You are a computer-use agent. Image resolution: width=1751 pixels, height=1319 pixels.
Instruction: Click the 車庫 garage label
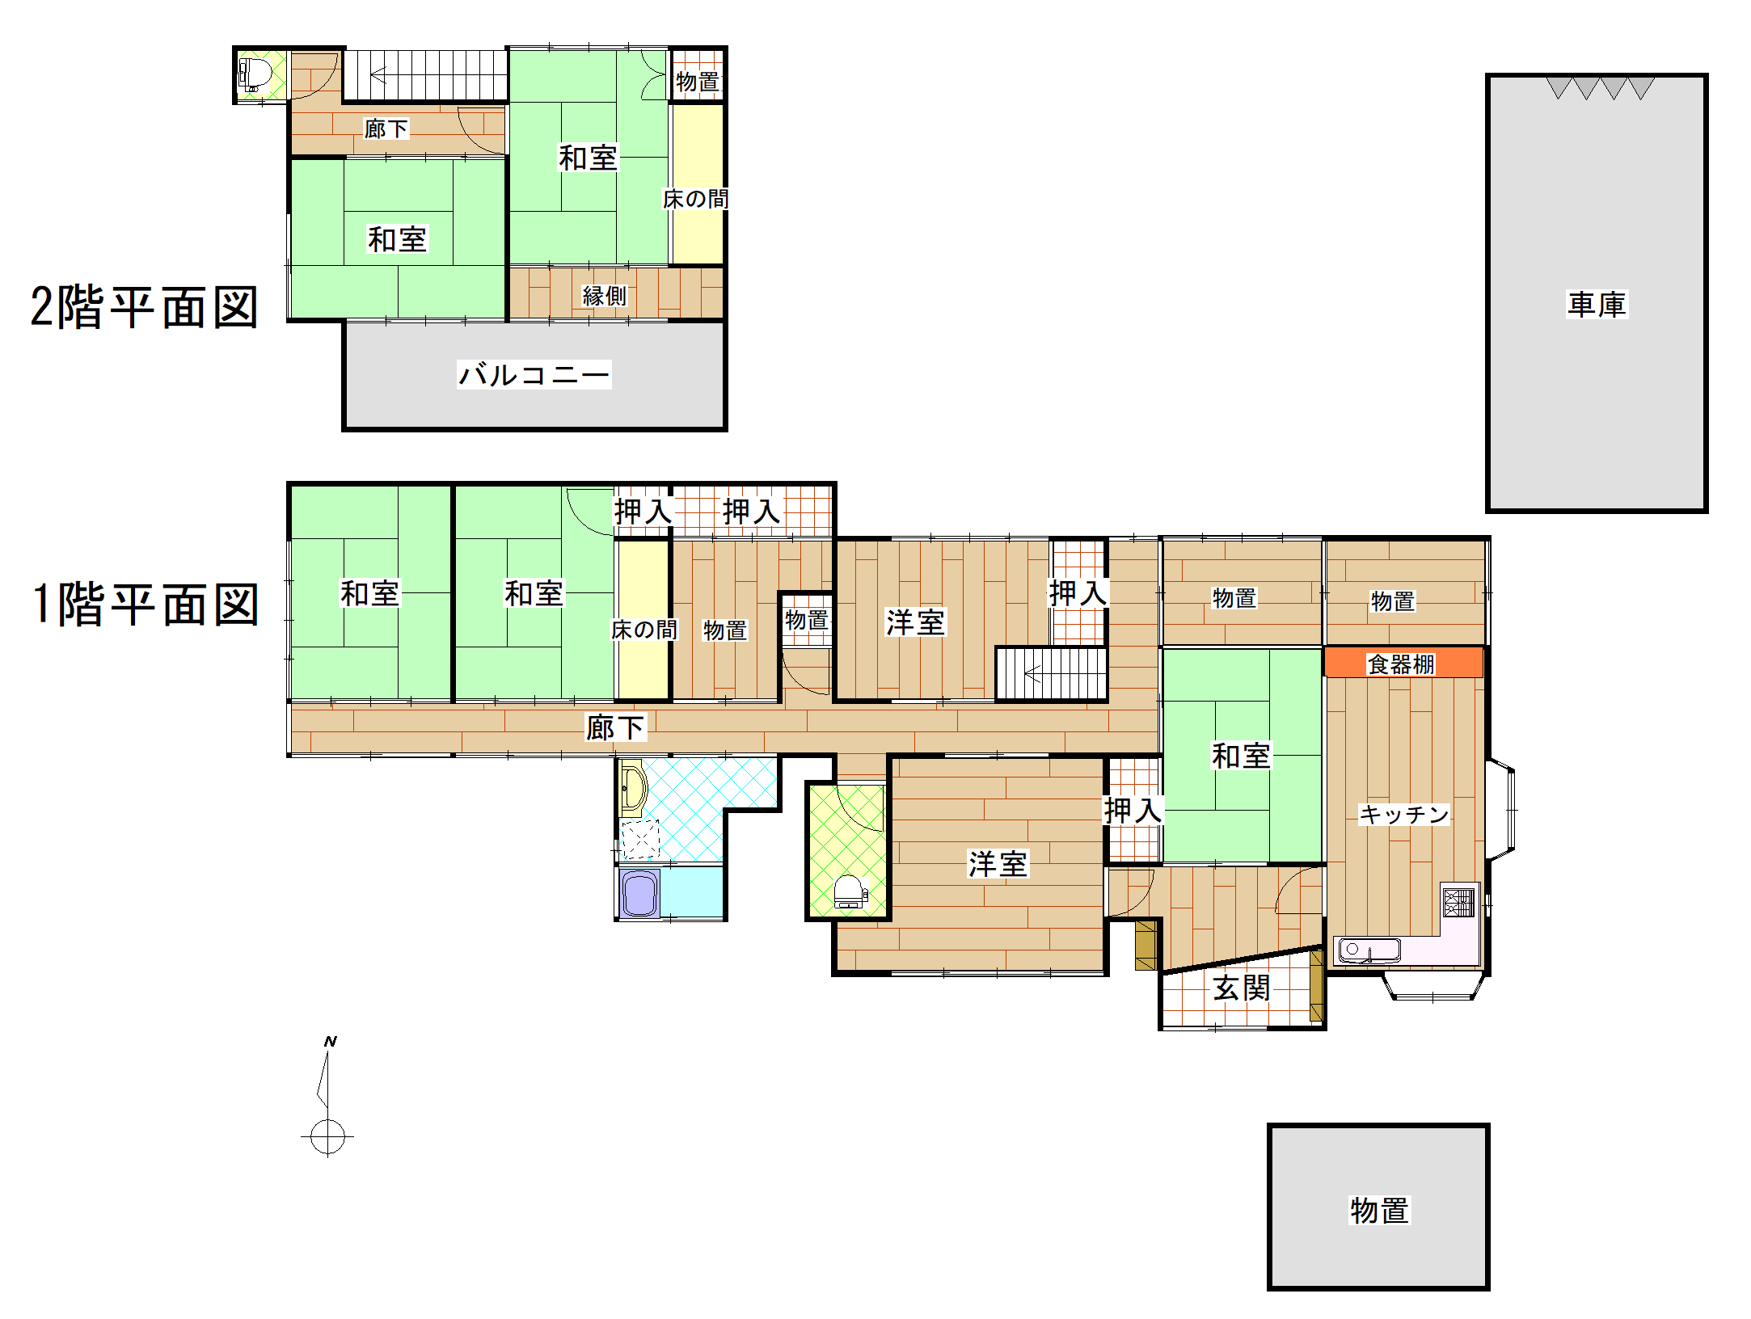point(1597,305)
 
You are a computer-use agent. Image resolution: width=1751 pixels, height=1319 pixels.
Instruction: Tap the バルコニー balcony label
point(534,374)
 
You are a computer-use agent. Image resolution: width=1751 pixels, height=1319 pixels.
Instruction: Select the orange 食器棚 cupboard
point(1403,663)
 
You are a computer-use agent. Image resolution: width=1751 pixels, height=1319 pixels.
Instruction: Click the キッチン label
point(1404,814)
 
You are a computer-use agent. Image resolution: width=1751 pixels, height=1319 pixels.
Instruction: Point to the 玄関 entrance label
point(1242,988)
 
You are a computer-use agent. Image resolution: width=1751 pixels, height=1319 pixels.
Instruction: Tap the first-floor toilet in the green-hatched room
point(850,892)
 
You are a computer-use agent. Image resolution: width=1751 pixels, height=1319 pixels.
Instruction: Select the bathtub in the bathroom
point(640,894)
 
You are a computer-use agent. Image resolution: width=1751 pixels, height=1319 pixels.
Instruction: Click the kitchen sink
point(1369,950)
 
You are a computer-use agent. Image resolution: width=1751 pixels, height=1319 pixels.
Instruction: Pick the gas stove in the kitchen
point(1459,902)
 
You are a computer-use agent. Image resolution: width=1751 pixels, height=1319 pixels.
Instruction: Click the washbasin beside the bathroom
point(631,788)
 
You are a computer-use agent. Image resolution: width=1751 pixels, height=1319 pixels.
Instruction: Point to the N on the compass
point(330,1041)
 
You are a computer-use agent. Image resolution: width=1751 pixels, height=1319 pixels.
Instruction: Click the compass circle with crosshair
point(327,1137)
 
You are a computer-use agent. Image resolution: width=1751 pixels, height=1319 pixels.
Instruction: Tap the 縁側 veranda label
point(605,296)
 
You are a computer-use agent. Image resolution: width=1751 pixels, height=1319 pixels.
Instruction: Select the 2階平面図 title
point(144,307)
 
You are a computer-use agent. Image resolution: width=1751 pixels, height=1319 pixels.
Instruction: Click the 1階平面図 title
point(146,604)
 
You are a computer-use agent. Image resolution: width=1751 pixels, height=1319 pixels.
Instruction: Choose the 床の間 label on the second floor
point(695,199)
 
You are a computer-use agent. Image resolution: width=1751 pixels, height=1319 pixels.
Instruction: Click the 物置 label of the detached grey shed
point(1379,1210)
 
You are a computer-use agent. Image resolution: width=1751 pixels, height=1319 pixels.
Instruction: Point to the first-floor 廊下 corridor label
point(615,727)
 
